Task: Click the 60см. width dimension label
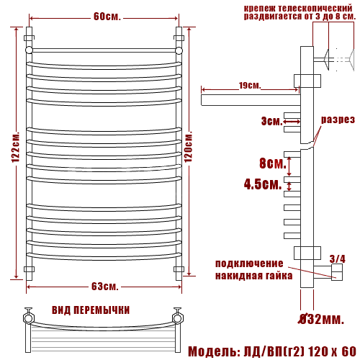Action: click(x=107, y=17)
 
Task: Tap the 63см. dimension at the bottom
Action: click(x=105, y=287)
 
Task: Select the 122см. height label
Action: click(x=16, y=147)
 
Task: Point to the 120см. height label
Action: click(x=189, y=146)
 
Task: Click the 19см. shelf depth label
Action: click(x=250, y=86)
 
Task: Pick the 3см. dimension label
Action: click(x=272, y=121)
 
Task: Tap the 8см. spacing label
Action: click(x=273, y=163)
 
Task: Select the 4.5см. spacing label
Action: click(x=263, y=184)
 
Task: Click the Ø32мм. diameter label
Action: click(x=321, y=319)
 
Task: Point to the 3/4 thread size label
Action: click(x=337, y=258)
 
